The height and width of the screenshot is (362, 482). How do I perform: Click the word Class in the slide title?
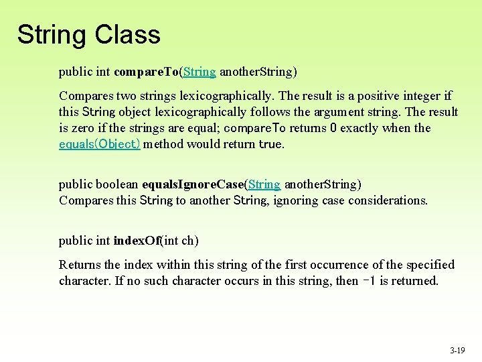click(x=128, y=34)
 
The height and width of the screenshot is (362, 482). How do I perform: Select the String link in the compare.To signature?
click(x=199, y=71)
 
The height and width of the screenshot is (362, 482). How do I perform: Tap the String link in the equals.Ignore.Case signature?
click(x=264, y=184)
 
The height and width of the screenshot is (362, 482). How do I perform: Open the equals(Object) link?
click(x=100, y=144)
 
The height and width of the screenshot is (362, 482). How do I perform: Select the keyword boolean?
click(x=118, y=184)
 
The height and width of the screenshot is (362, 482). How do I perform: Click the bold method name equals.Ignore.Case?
click(x=193, y=184)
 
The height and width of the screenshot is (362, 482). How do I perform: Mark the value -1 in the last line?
click(x=366, y=281)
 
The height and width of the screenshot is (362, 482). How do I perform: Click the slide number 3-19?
click(x=457, y=350)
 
